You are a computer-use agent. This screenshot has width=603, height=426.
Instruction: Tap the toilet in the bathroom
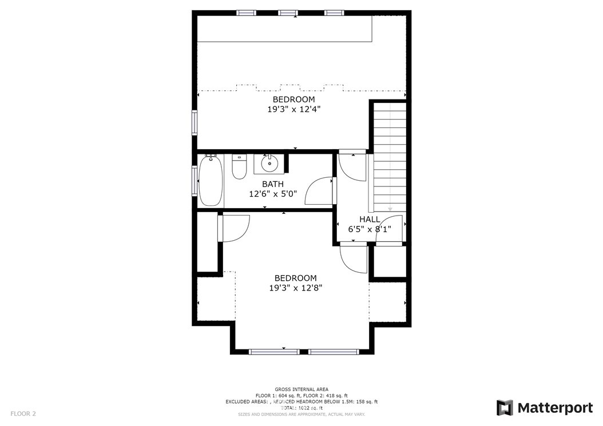click(x=239, y=168)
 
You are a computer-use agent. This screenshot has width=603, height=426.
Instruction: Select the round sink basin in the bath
click(x=269, y=164)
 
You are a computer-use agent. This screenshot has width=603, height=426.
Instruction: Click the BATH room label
click(x=273, y=184)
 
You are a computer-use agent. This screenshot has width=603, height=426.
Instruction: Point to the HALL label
click(x=370, y=220)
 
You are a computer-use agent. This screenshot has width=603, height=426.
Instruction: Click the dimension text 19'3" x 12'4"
click(x=293, y=109)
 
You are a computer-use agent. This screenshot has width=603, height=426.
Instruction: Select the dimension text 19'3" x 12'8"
click(x=295, y=288)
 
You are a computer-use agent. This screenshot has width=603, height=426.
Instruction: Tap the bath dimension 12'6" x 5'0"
click(x=273, y=194)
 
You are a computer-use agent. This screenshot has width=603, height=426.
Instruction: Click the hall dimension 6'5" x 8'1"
click(x=370, y=229)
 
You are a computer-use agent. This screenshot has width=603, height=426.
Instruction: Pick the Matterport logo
click(x=545, y=408)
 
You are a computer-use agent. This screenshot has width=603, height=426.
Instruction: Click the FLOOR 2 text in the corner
click(x=23, y=413)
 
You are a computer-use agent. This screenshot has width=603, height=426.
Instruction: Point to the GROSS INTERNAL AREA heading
click(x=301, y=389)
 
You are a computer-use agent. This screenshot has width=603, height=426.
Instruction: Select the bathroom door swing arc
click(x=319, y=192)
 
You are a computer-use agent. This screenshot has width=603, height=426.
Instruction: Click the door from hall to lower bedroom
click(x=352, y=258)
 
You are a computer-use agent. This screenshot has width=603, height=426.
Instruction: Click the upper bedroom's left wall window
click(x=195, y=122)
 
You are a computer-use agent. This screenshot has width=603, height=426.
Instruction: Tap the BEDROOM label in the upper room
click(x=293, y=99)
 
